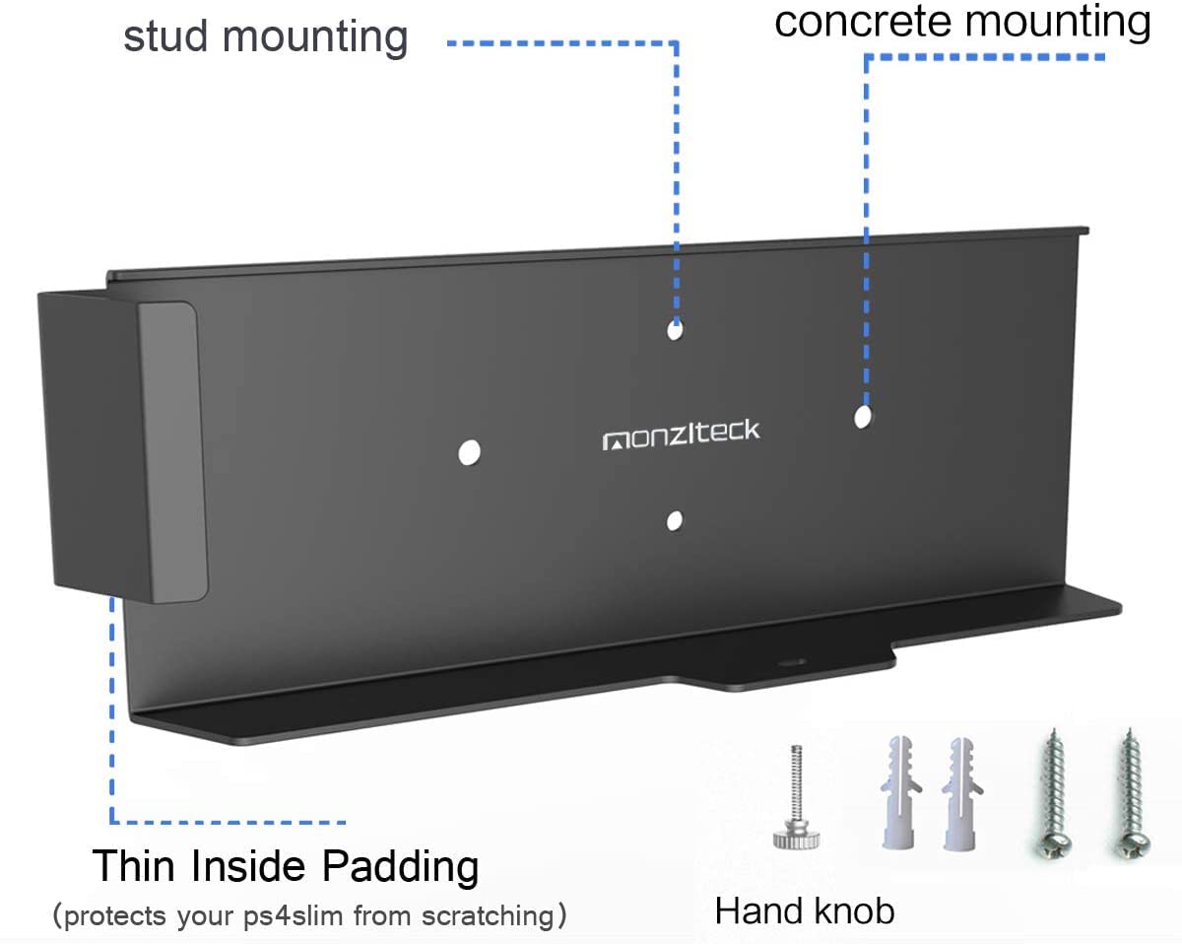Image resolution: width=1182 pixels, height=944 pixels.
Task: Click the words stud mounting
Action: point(265,37)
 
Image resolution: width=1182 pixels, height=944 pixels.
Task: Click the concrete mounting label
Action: point(962,21)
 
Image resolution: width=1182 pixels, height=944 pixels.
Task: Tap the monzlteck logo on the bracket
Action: point(681,434)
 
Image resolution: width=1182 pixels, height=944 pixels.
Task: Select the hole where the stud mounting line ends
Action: point(675,329)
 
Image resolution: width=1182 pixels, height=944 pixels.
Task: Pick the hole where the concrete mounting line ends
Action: point(863,417)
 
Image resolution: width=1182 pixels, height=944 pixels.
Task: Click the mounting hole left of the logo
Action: point(470,452)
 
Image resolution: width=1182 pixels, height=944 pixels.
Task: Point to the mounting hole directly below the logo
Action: point(675,519)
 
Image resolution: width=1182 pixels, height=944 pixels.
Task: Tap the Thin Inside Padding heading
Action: point(286,867)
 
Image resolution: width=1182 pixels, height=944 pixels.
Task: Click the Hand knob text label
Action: point(805,910)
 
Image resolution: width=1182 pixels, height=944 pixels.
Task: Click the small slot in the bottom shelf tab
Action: point(787,663)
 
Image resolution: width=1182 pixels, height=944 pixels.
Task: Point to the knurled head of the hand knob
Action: point(795,838)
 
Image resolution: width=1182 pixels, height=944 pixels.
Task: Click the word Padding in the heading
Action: point(400,867)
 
